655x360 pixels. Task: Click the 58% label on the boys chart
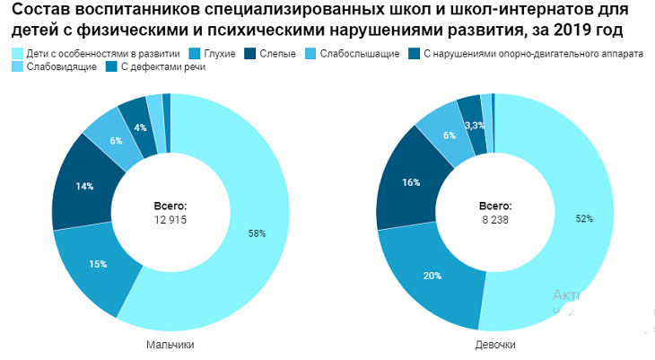[x=257, y=233]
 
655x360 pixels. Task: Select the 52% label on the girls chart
[x=583, y=219]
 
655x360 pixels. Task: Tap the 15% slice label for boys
[x=98, y=264]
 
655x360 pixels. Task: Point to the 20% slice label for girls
[x=432, y=276]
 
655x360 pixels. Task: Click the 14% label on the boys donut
[x=84, y=187]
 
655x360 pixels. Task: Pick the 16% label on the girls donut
[x=411, y=182]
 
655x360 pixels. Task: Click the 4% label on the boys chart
[x=140, y=127]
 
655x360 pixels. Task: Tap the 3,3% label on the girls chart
[x=475, y=126]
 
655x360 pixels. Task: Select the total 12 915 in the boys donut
[x=170, y=219]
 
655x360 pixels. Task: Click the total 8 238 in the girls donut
[x=494, y=219]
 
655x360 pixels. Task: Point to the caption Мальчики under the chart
[x=170, y=345]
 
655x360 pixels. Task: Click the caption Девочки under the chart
[x=494, y=345]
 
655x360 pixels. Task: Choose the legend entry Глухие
[x=219, y=54]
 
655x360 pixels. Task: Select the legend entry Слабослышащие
[x=359, y=54]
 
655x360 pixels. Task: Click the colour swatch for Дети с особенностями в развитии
[x=17, y=54]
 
